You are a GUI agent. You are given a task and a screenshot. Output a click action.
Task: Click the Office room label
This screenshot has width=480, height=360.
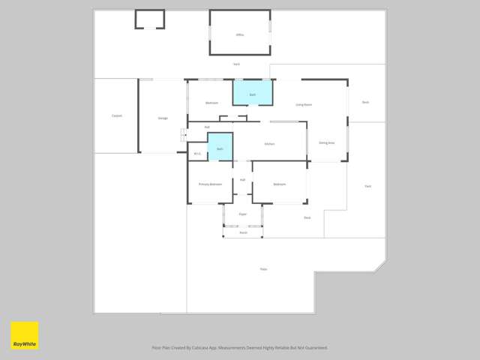(240, 34)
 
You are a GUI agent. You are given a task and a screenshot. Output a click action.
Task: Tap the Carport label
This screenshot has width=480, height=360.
(117, 115)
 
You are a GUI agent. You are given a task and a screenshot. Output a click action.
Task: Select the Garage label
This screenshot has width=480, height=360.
(162, 118)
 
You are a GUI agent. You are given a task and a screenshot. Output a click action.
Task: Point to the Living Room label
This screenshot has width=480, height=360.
(303, 105)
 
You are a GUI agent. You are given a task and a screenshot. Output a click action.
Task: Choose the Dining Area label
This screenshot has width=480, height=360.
(326, 142)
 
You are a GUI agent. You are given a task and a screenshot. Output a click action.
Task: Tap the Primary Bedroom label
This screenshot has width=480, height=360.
(210, 184)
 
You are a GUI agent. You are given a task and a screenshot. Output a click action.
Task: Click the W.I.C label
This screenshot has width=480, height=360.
(197, 154)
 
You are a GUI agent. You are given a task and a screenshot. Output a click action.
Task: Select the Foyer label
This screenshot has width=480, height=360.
(243, 214)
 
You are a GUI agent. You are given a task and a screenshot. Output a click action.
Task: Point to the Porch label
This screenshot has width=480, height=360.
(243, 232)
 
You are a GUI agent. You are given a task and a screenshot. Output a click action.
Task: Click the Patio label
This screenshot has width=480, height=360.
(263, 268)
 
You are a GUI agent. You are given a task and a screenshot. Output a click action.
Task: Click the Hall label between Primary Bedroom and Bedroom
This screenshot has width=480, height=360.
(243, 180)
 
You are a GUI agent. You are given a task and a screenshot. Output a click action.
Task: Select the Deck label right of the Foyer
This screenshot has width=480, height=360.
(307, 217)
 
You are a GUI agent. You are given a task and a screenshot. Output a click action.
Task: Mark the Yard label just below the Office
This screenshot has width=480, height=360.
(236, 64)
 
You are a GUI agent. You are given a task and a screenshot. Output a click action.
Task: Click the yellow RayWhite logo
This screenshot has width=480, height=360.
(24, 335)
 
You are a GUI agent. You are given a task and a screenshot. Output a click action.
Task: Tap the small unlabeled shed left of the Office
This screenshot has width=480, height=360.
(150, 19)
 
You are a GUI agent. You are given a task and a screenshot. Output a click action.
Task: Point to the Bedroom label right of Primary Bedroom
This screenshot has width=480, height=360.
(279, 184)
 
